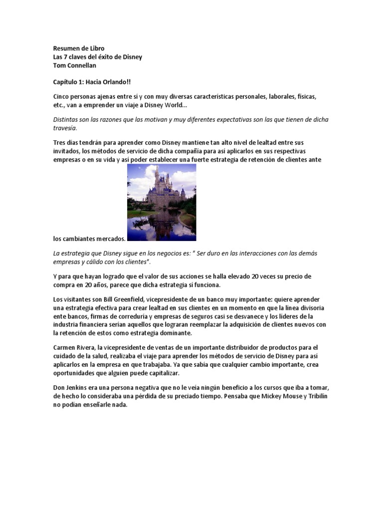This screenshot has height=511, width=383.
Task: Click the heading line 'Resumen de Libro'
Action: [79, 48]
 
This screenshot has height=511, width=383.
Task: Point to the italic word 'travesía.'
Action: [66, 128]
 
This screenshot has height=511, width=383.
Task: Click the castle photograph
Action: [161, 202]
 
